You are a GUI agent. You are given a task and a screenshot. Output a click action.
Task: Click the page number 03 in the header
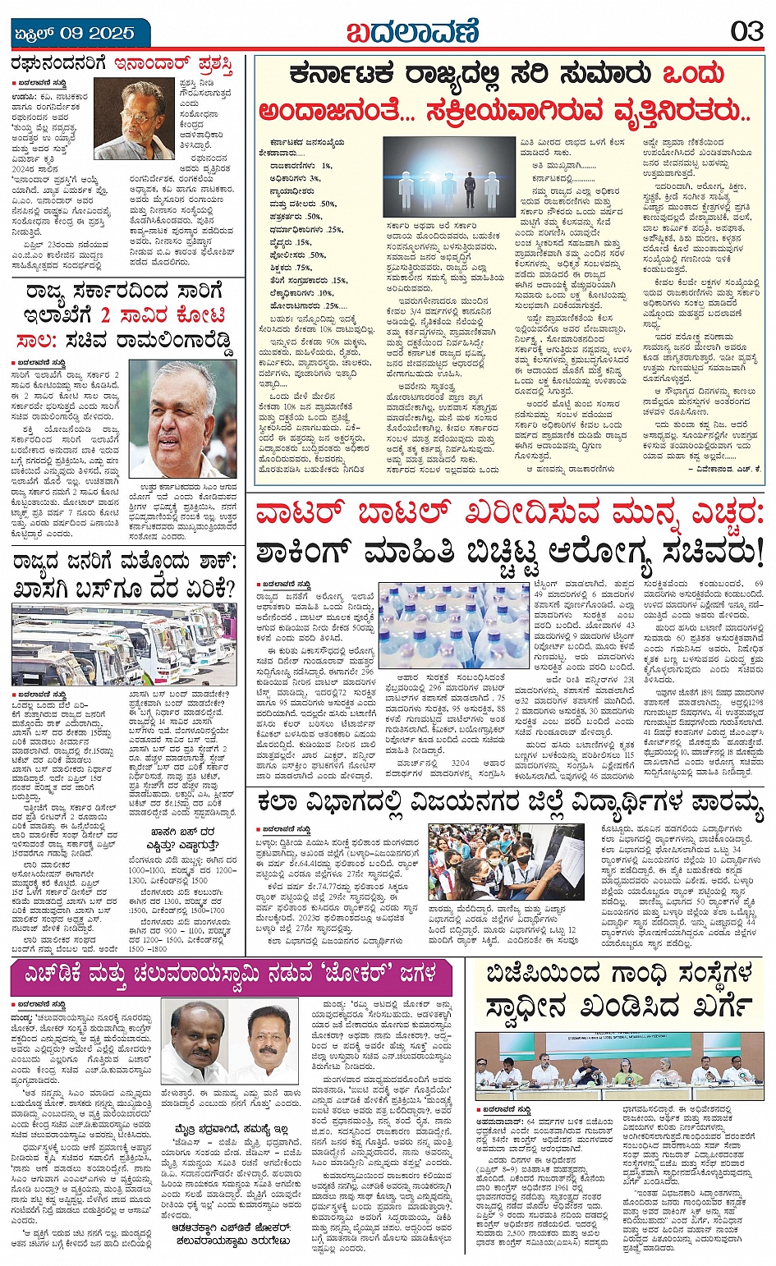click(x=746, y=32)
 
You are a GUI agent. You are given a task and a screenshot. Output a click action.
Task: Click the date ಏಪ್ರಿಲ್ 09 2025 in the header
click(x=75, y=34)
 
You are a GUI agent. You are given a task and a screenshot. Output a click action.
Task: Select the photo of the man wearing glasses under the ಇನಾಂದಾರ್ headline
click(x=134, y=118)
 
